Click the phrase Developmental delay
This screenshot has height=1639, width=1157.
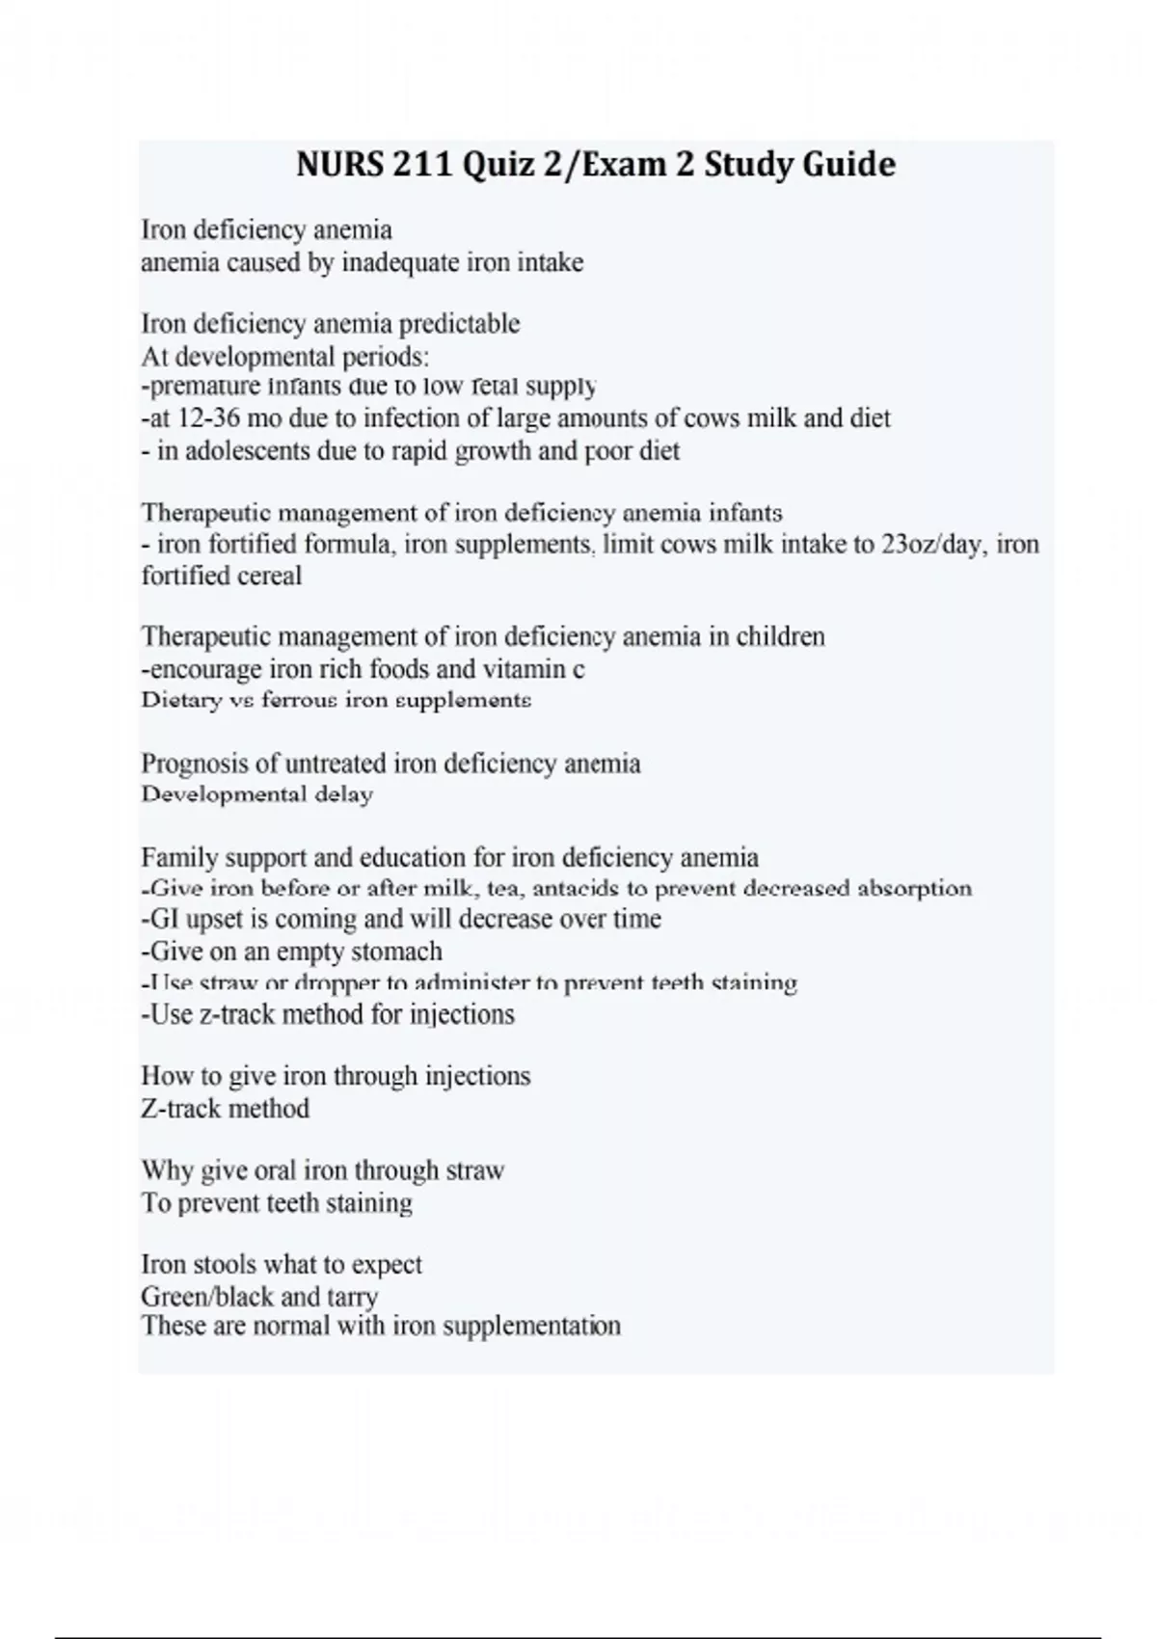click(256, 795)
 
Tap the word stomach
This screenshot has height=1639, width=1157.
click(396, 952)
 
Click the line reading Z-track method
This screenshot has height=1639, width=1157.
click(225, 1109)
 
